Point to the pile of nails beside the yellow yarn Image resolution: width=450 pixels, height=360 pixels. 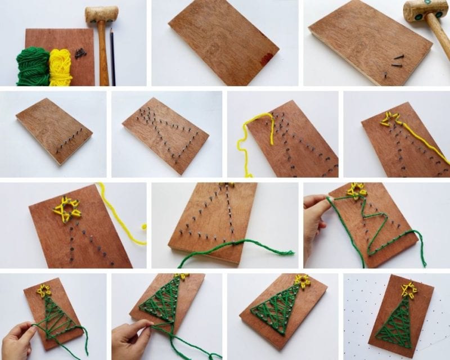point(80,53)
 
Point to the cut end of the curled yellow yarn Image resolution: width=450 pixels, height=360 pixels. point(145,226)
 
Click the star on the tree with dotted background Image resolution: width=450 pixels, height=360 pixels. point(409,289)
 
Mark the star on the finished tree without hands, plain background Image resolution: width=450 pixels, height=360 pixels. point(303,280)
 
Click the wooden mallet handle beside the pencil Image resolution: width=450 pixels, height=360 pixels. point(103,56)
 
